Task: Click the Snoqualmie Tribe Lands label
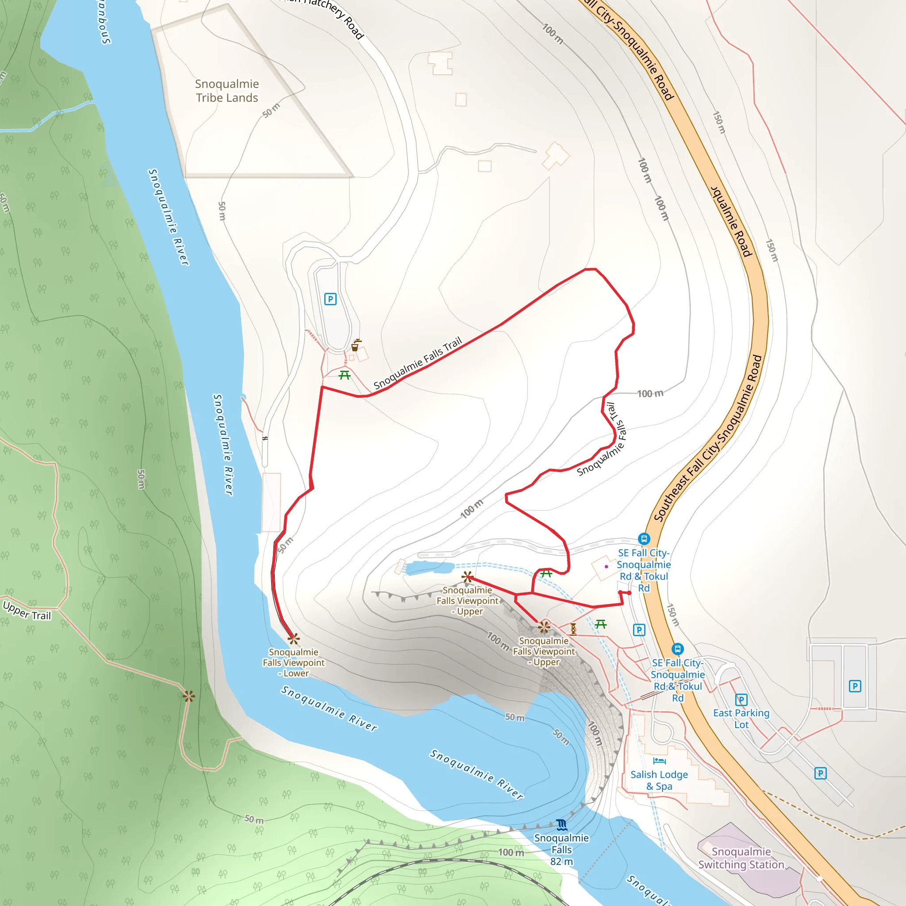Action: (227, 91)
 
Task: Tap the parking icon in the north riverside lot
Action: (330, 299)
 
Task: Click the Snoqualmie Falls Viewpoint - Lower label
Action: (294, 662)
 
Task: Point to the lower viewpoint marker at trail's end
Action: (294, 638)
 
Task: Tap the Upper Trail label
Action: (27, 610)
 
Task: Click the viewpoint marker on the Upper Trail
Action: (188, 696)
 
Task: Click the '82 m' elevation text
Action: (561, 861)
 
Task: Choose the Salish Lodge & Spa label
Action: (659, 780)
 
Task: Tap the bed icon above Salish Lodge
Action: (659, 760)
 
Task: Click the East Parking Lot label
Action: (741, 718)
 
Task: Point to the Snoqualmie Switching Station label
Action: (741, 858)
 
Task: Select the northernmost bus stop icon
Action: (644, 538)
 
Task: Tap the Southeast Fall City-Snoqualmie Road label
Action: (708, 438)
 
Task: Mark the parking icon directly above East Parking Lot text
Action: (741, 700)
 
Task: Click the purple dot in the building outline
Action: (607, 567)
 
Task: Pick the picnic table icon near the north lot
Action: (345, 375)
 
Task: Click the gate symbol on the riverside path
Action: (265, 438)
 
